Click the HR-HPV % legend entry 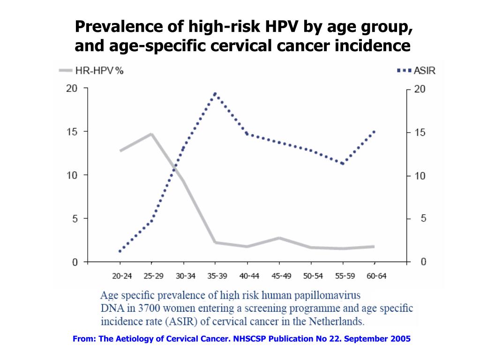pos(91,71)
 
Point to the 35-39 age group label pos(215,276)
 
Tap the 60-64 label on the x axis pos(374,276)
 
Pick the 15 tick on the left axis pos(71,132)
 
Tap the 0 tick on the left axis pos(75,262)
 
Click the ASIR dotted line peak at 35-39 pos(215,93)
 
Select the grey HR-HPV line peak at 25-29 pos(152,134)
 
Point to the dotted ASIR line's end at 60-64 pos(374,132)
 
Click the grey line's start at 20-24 pos(120,151)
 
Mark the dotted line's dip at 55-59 pos(343,164)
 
